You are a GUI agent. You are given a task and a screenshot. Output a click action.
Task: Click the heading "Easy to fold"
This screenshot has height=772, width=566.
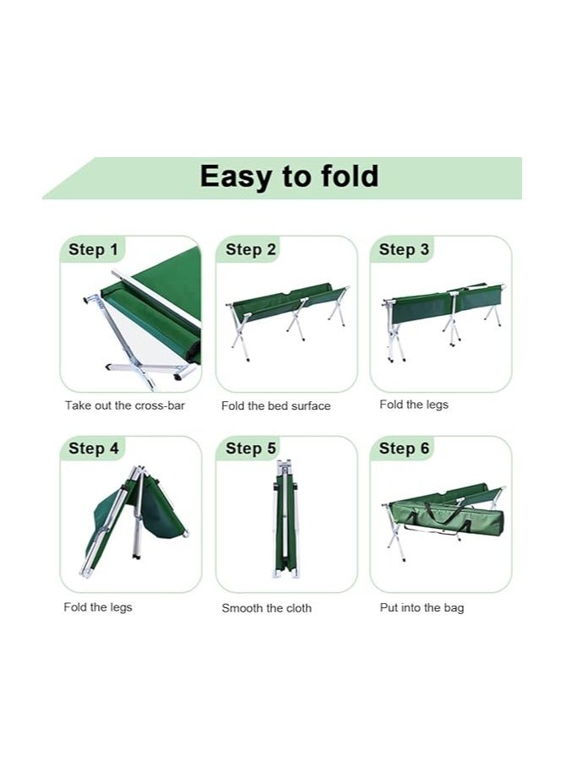289,177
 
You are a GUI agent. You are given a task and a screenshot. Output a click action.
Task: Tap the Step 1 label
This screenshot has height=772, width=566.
94,249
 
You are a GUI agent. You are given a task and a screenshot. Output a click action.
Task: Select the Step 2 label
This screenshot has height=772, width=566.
251,249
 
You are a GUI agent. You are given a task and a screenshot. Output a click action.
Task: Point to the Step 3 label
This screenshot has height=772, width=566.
404,249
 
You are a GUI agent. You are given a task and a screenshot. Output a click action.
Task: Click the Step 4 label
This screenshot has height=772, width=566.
94,449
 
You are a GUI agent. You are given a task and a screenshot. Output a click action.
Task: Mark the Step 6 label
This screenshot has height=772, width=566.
404,449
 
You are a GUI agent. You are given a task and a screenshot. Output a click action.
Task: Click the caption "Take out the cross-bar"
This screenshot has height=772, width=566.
125,405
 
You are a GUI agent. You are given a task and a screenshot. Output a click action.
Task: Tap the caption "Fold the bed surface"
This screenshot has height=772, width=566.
276,406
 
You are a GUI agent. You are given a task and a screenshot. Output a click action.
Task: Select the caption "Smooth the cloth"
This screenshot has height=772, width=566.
266,608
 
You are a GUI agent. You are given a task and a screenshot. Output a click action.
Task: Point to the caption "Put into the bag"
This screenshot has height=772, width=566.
422,607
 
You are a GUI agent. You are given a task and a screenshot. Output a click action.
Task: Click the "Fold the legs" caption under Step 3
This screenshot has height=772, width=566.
414,405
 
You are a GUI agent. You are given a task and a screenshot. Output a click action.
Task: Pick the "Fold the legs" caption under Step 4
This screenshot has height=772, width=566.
98,607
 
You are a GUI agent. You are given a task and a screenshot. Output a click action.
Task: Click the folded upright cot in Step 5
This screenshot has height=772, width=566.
285,519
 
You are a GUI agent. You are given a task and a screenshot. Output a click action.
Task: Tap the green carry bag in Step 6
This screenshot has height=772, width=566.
448,516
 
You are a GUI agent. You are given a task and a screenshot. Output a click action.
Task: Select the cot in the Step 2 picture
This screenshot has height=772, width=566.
287,313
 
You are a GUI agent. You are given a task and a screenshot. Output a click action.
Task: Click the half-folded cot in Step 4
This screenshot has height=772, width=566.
135,515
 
